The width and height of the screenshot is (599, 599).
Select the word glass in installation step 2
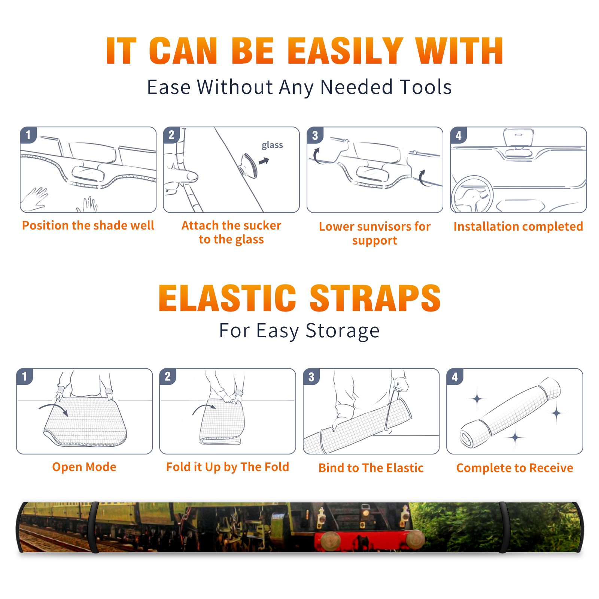coord(272,145)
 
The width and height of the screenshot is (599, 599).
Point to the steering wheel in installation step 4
coord(472,195)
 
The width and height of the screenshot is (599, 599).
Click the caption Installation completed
coord(518,226)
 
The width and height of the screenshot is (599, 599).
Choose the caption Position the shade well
coord(88,225)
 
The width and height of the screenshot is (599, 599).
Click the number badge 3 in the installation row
coord(315,135)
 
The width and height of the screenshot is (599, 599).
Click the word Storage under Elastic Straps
coord(343,331)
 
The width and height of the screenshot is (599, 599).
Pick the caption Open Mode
coord(84,467)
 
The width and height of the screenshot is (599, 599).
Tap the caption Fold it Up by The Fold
coord(228,467)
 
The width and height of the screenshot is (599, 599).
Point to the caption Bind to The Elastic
coord(371,468)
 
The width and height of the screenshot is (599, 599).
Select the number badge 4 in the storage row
coord(454,377)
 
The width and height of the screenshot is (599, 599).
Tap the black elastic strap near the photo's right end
coord(503,527)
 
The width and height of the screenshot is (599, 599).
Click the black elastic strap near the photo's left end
coord(94,527)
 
